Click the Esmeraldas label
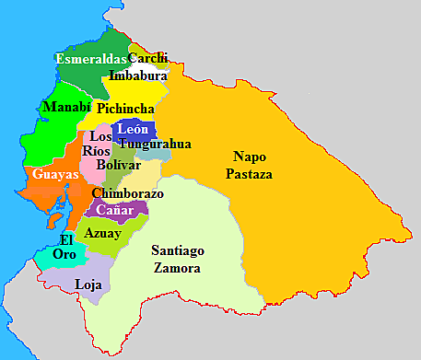(90, 59)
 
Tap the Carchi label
(147, 59)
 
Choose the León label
(133, 129)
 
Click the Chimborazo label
(127, 194)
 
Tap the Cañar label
(114, 211)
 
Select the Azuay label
(101, 233)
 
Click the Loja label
(88, 285)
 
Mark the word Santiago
(177, 250)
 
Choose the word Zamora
(177, 268)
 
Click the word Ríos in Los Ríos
(96, 150)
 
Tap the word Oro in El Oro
(64, 254)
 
